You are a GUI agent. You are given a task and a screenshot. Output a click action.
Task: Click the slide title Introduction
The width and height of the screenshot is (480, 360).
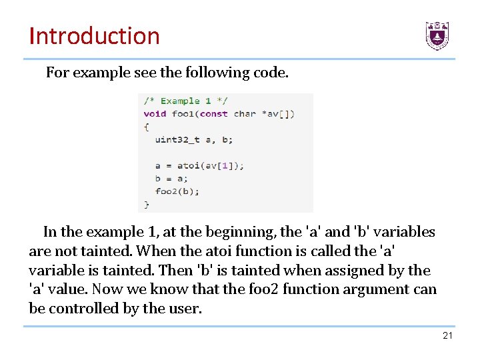point(94,35)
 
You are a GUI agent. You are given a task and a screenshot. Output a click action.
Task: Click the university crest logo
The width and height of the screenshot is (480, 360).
point(437,35)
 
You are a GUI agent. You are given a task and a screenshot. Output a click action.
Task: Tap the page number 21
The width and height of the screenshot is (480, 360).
point(447,335)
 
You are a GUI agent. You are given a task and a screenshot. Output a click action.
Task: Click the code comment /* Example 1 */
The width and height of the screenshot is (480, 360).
point(185,101)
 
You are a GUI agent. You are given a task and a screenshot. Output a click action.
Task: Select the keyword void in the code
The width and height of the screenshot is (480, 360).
point(155,113)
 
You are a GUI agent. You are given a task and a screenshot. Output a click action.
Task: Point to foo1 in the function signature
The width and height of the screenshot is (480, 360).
point(185,113)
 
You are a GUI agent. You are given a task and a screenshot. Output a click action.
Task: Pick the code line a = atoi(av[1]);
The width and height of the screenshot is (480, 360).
point(199,165)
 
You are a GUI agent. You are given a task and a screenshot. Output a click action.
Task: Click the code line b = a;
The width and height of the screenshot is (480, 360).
point(171,178)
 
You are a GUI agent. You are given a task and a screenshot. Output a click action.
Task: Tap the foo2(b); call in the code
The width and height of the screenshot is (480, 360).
point(177,191)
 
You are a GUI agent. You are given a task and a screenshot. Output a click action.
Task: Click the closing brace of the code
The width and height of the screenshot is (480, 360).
point(147,203)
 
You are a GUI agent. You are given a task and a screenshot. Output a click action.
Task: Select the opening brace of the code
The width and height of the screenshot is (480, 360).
point(147,126)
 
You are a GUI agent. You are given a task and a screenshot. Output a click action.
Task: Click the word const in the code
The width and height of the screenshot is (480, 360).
point(213,113)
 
